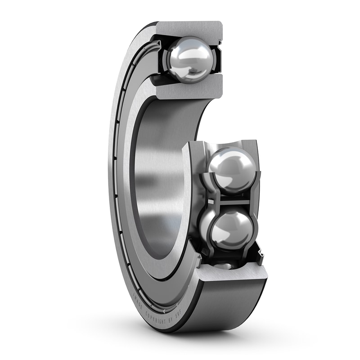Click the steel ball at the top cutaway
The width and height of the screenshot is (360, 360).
pos(189,59)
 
